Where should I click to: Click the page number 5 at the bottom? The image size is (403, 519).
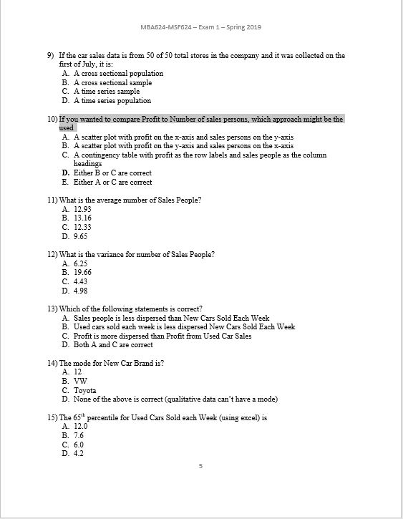(x=201, y=466)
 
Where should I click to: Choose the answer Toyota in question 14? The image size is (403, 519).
(x=85, y=390)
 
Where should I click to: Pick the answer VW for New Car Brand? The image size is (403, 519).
(x=79, y=382)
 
